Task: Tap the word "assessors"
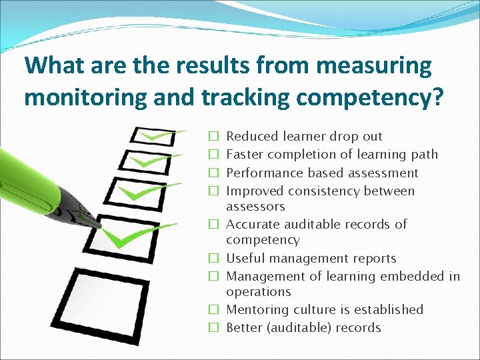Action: click(x=255, y=207)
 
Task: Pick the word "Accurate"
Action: click(x=252, y=224)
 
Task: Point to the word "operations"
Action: click(x=259, y=292)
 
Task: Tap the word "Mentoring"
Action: click(x=256, y=310)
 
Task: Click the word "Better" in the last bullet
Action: click(x=244, y=328)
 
